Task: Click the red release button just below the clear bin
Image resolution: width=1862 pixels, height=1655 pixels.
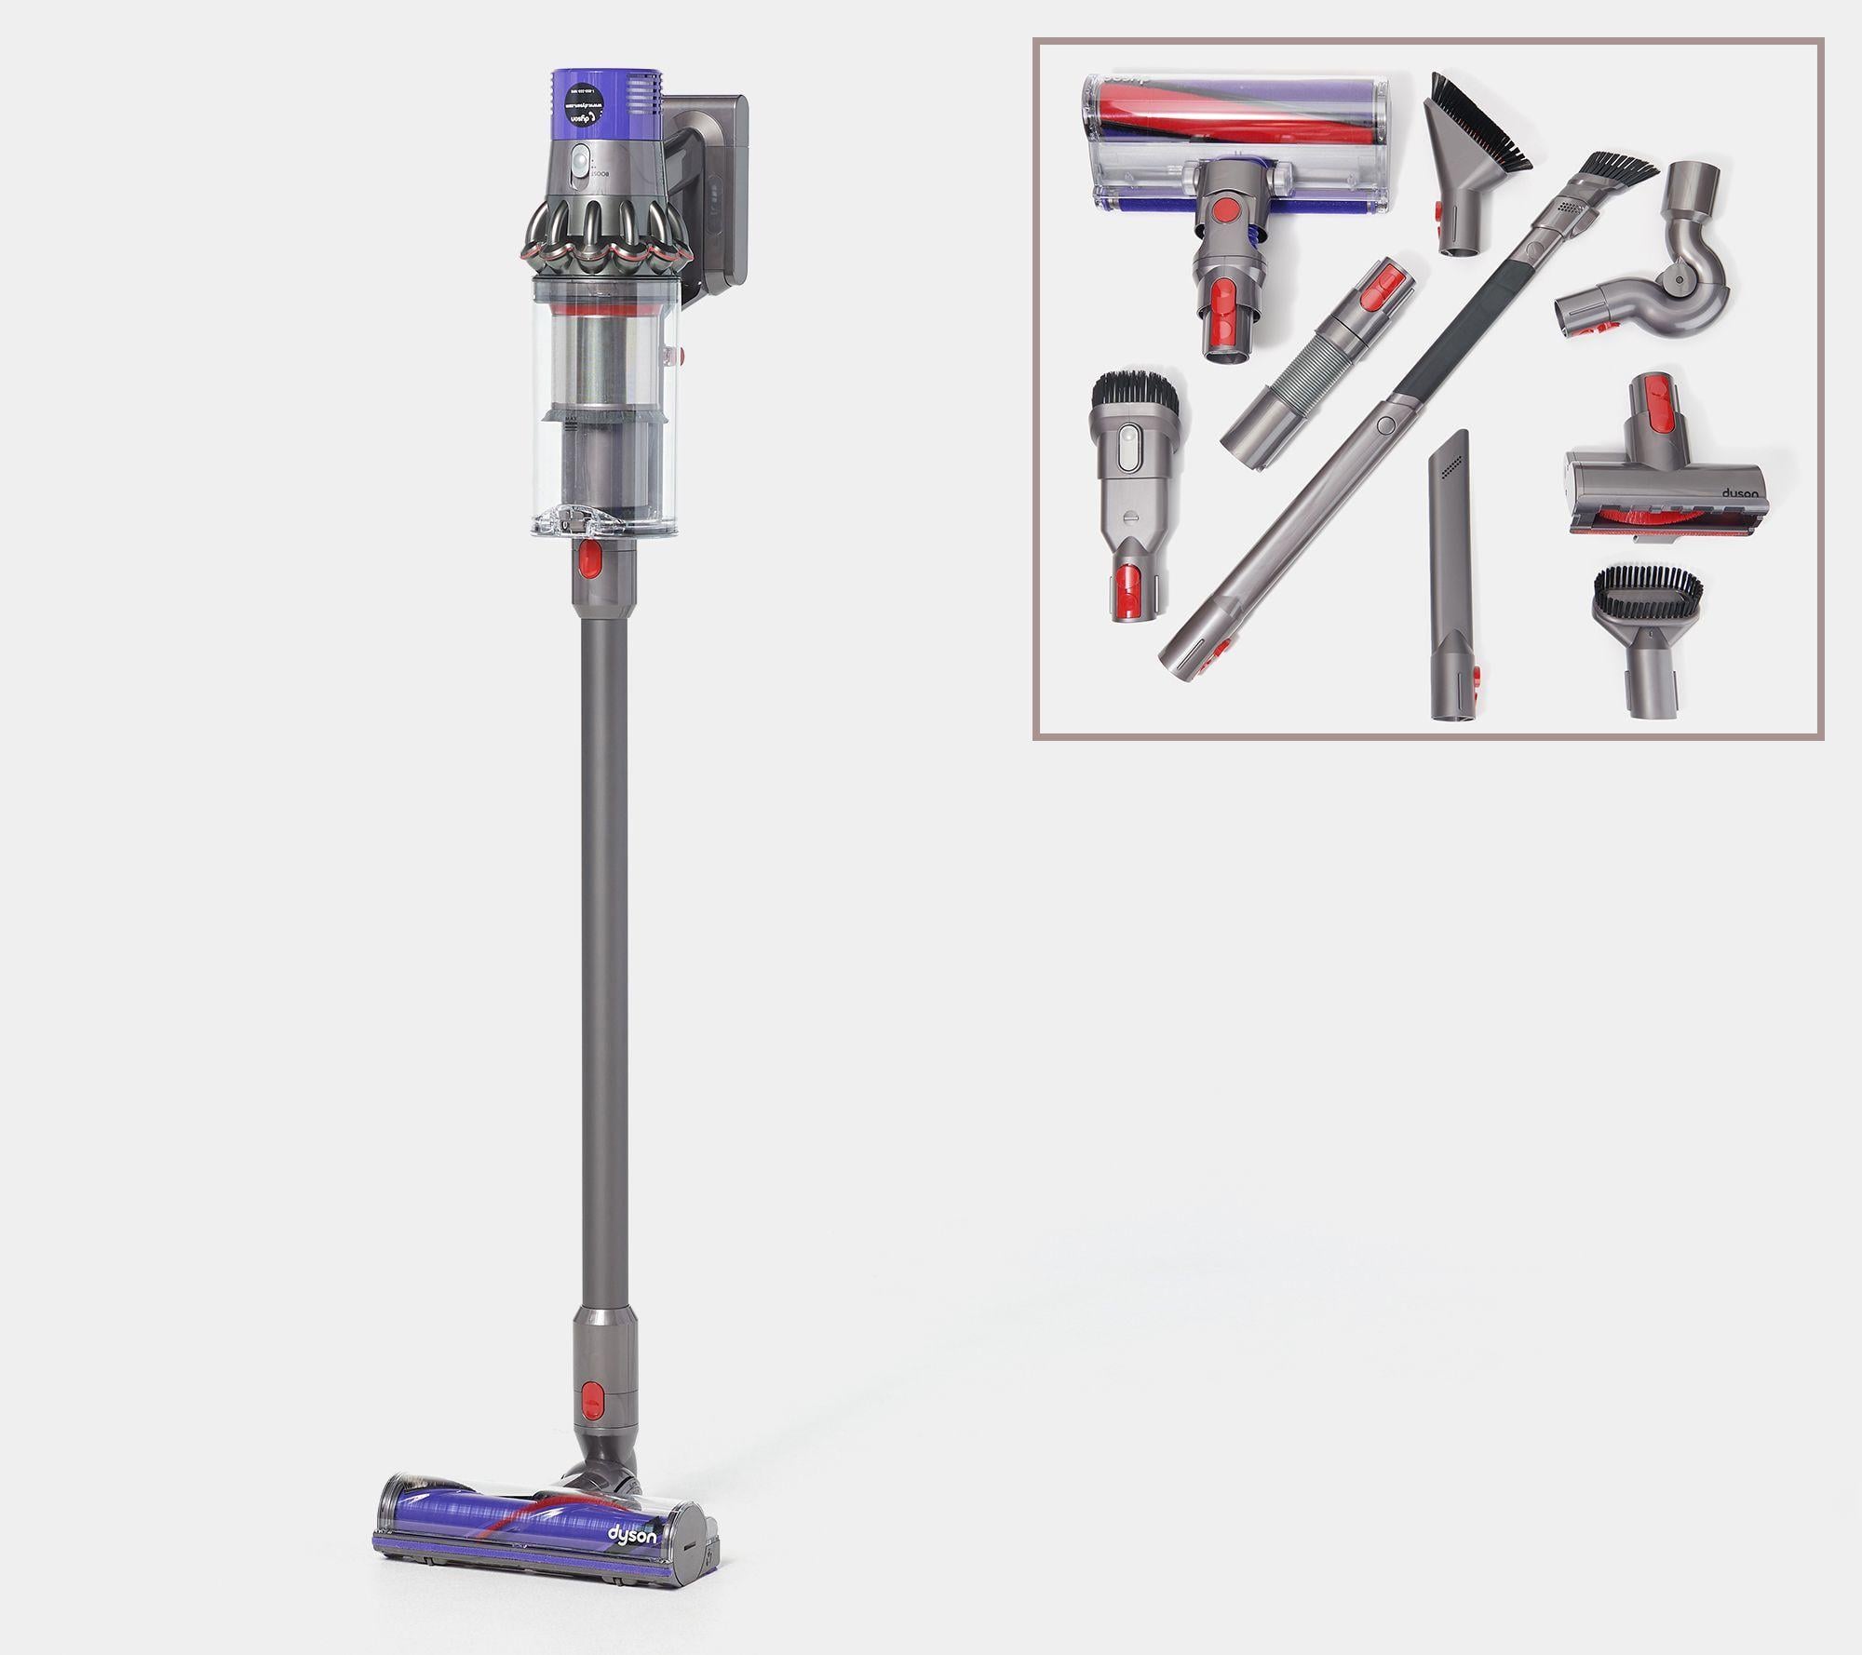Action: (588, 559)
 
